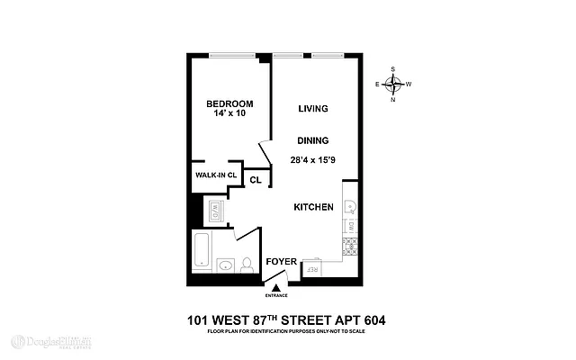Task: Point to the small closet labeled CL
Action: click(256, 179)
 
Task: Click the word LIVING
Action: click(312, 109)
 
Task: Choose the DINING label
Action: click(312, 140)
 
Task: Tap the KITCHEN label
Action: click(314, 207)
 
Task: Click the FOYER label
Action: click(280, 262)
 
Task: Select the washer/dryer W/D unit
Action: click(217, 213)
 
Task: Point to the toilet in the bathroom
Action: click(247, 264)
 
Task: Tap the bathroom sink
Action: click(225, 265)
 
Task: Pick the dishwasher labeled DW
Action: click(352, 227)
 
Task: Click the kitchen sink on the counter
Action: click(352, 208)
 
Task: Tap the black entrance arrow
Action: click(275, 287)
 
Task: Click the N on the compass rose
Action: click(392, 100)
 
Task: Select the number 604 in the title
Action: click(372, 319)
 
